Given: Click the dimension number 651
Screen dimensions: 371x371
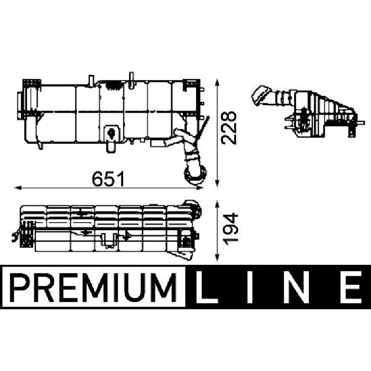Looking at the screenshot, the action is [108, 179].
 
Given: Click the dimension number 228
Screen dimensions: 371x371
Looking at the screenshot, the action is [229, 128].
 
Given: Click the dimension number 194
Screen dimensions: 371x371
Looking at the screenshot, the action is [231, 229].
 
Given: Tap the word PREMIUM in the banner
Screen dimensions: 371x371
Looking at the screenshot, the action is [94, 287].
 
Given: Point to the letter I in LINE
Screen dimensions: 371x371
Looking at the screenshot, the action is [250, 287].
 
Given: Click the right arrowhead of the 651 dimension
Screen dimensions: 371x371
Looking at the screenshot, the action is [200, 188].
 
